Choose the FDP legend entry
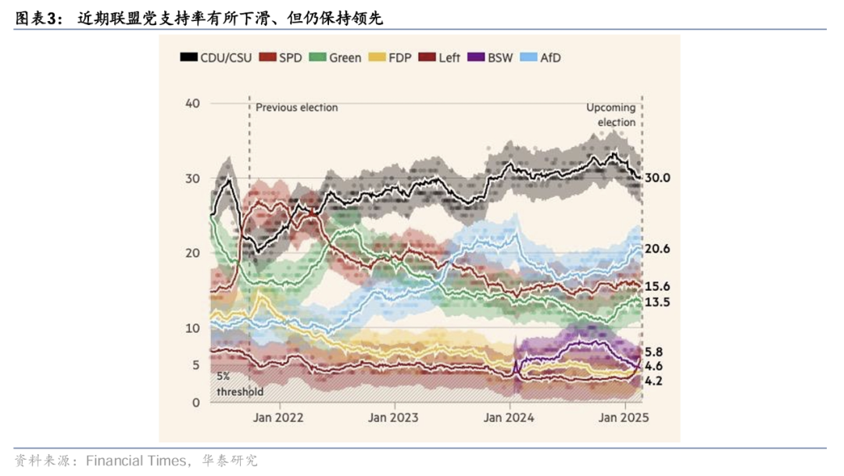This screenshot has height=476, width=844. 393,58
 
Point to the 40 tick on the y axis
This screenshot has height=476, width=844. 193,103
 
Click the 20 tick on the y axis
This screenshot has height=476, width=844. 193,253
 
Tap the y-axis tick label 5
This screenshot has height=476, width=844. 196,365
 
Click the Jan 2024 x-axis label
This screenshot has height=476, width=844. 509,417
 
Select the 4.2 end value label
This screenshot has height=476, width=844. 654,381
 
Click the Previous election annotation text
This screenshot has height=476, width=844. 297,107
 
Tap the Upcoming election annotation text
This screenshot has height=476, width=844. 611,115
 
